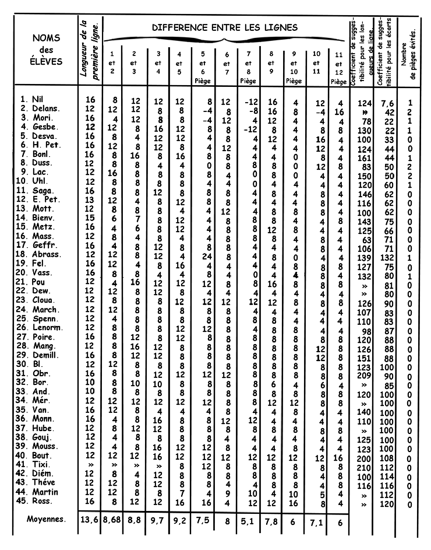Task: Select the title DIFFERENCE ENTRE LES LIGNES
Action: pyautogui.click(x=225, y=27)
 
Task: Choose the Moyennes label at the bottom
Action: pyautogui.click(x=46, y=518)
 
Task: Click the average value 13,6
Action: pyautogui.click(x=90, y=521)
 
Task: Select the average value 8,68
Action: pyautogui.click(x=113, y=521)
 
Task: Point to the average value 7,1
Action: pyautogui.click(x=316, y=521)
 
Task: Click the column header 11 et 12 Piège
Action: pyautogui.click(x=339, y=69)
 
